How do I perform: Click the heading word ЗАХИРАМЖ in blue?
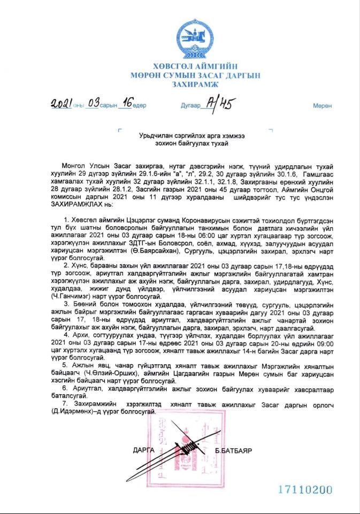tap(195, 85)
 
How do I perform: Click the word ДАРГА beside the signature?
tap(143, 450)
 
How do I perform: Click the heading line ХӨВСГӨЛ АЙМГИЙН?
tap(195, 67)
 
